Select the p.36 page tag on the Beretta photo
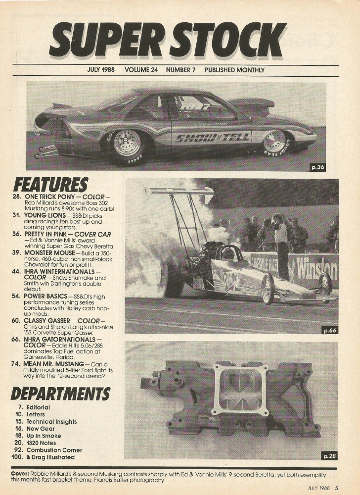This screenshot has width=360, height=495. click(317, 167)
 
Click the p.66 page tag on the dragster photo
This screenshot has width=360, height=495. click(330, 330)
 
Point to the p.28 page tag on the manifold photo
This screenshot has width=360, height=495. click(330, 455)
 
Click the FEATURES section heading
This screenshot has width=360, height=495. click(51, 185)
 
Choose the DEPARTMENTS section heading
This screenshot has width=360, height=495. click(60, 394)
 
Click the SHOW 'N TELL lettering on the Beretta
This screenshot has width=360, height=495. click(213, 138)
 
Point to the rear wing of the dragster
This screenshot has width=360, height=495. click(179, 192)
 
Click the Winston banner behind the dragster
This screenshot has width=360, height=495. click(316, 269)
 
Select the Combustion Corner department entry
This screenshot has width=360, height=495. click(54, 450)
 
